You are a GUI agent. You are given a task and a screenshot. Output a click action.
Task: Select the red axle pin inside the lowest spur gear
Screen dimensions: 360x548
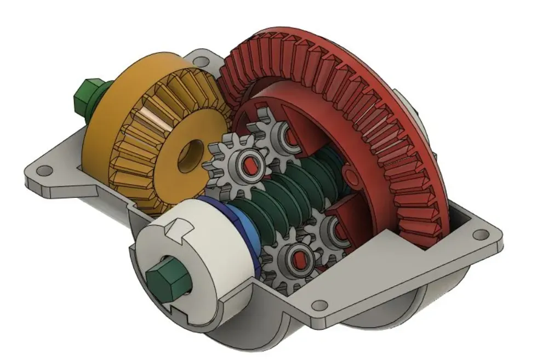point(299,256)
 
